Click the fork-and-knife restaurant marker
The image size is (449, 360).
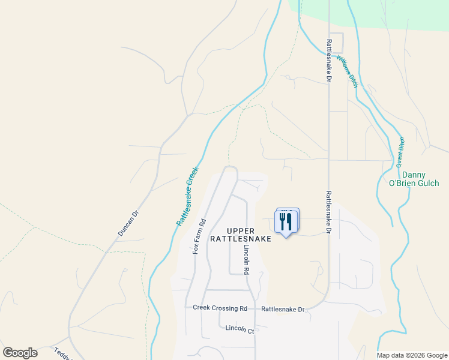pyautogui.click(x=286, y=221)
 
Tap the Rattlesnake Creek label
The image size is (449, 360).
pyautogui.click(x=187, y=196)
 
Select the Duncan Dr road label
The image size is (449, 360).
pyautogui.click(x=128, y=222)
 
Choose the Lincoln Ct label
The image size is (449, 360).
pyautogui.click(x=240, y=329)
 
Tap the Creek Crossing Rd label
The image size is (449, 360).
pyautogui.click(x=220, y=308)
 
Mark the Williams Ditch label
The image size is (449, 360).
pyautogui.click(x=348, y=71)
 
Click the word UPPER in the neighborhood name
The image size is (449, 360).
pyautogui.click(x=241, y=231)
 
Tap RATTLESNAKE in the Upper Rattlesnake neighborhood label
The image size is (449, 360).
pyautogui.click(x=241, y=239)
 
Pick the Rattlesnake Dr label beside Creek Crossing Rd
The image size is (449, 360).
pyautogui.click(x=283, y=310)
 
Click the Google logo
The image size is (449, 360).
pyautogui.click(x=20, y=352)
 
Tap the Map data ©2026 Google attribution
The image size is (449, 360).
pyautogui.click(x=412, y=355)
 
